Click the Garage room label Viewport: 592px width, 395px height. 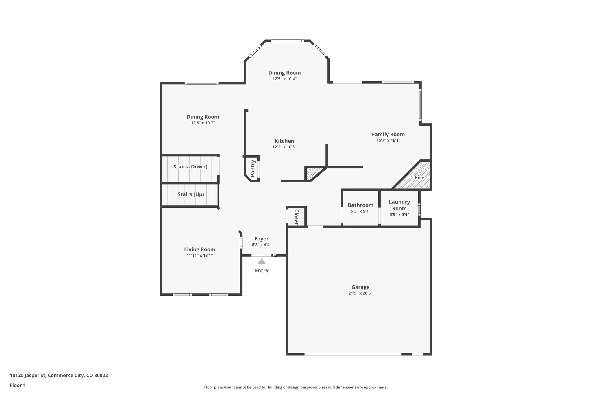click(x=360, y=287)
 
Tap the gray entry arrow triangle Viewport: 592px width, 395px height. click(x=262, y=262)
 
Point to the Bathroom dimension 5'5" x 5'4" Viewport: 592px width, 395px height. click(x=360, y=211)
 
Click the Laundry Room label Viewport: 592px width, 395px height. click(x=399, y=205)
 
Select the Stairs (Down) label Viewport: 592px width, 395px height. click(x=190, y=167)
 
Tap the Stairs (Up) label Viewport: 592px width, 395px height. click(x=191, y=194)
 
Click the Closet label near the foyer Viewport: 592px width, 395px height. click(x=296, y=217)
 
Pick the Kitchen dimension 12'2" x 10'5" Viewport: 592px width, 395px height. click(x=284, y=147)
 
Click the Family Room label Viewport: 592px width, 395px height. click(x=388, y=134)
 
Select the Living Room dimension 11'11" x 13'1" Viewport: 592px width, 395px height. click(x=200, y=256)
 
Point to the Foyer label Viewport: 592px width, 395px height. click(x=261, y=239)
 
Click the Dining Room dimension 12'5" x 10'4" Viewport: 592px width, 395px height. click(x=284, y=79)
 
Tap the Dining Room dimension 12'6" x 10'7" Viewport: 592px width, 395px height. click(x=203, y=123)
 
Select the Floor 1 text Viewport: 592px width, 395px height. click(x=18, y=385)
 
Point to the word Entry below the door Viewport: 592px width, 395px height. click(x=262, y=271)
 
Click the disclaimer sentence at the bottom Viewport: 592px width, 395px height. click(x=296, y=387)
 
